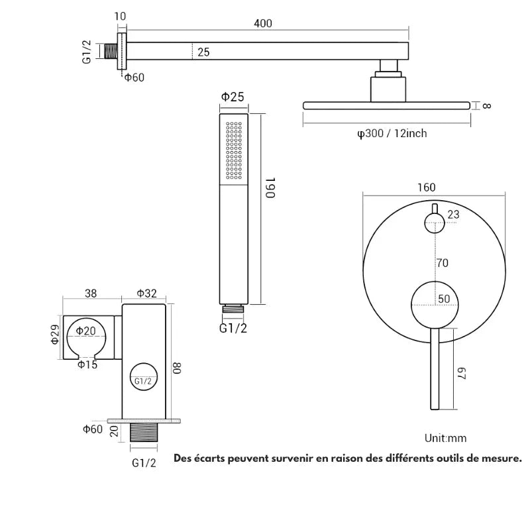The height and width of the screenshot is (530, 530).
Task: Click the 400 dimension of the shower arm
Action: tap(262, 23)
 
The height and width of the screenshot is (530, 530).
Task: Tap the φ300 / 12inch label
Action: tap(392, 134)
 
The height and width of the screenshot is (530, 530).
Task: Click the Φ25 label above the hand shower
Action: tap(233, 97)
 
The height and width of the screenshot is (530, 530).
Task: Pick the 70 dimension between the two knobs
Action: tap(442, 263)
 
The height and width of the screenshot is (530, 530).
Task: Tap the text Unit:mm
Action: tap(446, 438)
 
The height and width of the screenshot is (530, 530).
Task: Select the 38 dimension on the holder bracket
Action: tap(91, 293)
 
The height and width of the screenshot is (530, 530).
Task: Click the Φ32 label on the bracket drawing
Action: tap(146, 293)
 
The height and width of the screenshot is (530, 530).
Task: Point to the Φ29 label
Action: tap(56, 334)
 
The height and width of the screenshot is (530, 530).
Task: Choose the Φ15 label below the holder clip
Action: tap(87, 364)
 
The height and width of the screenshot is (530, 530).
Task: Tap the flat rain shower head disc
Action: tap(386, 105)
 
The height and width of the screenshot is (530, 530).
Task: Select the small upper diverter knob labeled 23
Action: tap(435, 224)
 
